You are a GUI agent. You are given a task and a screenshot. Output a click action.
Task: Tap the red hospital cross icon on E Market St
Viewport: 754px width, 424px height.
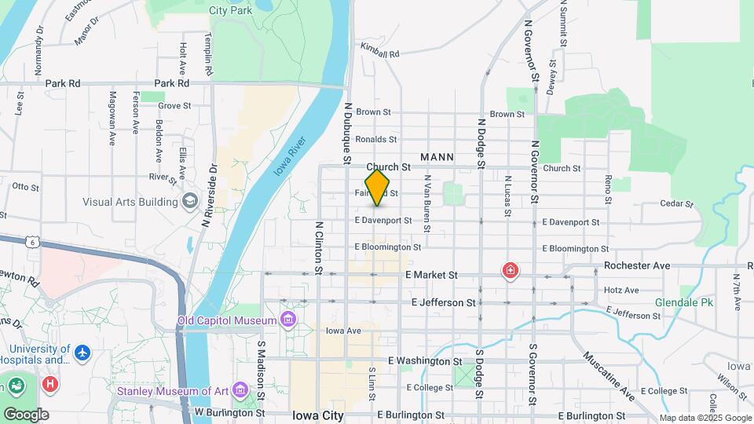click(x=511, y=272)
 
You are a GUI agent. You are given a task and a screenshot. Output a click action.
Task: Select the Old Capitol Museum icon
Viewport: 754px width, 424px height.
click(x=288, y=320)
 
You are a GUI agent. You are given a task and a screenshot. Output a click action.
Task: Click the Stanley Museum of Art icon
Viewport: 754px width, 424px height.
click(x=240, y=390)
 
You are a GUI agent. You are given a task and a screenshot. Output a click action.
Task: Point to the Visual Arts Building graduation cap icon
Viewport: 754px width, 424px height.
click(x=189, y=202)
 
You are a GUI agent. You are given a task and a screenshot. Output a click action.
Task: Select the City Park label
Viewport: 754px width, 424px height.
click(x=230, y=11)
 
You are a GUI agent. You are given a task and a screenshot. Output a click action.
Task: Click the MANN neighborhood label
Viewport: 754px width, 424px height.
click(x=437, y=157)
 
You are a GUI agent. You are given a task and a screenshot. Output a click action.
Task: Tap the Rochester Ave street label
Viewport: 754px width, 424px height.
click(x=637, y=266)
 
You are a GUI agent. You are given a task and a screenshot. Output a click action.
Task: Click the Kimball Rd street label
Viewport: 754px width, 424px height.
click(x=380, y=49)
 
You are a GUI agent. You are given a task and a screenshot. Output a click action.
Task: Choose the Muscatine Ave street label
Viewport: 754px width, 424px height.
click(x=609, y=376)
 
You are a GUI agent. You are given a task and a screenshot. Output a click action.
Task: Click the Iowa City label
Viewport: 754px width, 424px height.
click(x=317, y=415)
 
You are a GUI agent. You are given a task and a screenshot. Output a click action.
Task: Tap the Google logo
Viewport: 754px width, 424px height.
click(x=25, y=414)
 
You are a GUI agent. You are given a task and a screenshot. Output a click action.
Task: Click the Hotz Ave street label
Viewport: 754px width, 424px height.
click(x=621, y=291)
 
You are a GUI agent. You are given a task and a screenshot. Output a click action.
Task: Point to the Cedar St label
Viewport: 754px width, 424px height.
click(x=676, y=204)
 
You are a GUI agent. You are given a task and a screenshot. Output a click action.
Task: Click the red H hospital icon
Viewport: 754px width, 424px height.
click(x=50, y=384)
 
